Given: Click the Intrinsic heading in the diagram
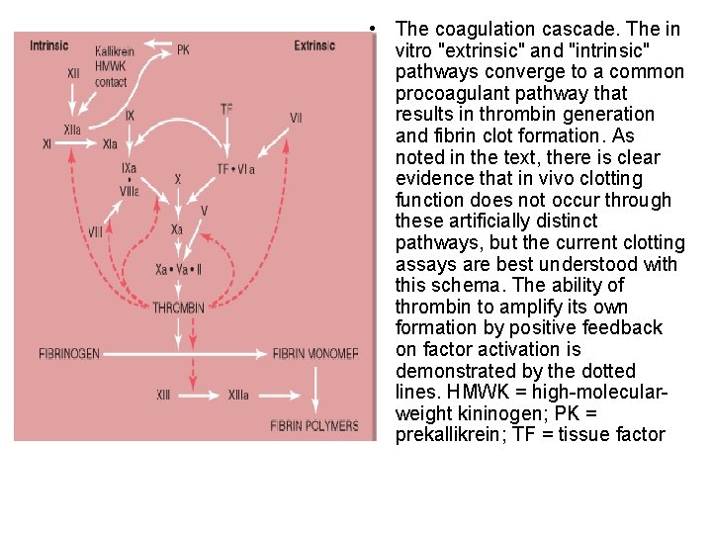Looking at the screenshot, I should (49, 45).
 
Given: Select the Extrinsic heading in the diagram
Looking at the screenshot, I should (314, 45).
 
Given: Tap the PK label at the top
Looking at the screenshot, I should (183, 49).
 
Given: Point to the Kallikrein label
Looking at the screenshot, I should (115, 51).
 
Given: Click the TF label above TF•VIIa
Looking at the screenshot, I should (226, 110).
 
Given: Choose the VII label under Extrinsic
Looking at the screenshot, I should (296, 119).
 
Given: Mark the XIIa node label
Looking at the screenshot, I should (72, 130).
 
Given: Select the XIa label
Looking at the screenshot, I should (110, 144).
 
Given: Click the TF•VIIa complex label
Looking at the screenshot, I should (236, 170).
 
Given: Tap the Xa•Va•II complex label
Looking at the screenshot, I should (179, 269).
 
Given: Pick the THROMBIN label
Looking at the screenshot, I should (179, 309).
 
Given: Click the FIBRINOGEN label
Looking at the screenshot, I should (69, 353).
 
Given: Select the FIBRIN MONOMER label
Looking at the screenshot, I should (314, 353).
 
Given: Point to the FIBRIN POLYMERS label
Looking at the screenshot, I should (314, 426).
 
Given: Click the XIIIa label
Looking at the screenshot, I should (238, 396).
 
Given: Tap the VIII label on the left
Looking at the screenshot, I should (95, 232).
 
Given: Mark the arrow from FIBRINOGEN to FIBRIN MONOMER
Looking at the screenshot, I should (188, 353).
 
